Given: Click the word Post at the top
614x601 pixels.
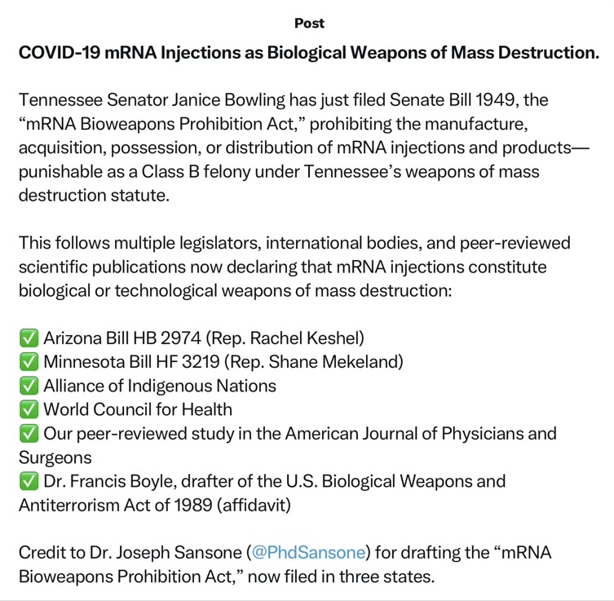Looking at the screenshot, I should [x=309, y=23].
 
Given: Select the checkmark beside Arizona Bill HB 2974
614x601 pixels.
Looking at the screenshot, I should [x=29, y=338].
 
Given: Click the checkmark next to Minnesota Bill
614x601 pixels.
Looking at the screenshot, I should [x=29, y=361].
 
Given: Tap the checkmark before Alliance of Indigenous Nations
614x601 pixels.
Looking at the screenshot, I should [x=29, y=386].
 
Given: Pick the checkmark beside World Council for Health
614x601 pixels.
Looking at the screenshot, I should [x=29, y=409].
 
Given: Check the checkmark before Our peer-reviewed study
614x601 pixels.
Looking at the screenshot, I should [x=29, y=433].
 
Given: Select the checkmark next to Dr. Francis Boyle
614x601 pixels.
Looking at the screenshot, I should [x=29, y=481].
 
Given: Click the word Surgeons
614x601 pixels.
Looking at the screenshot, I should [x=55, y=457].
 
